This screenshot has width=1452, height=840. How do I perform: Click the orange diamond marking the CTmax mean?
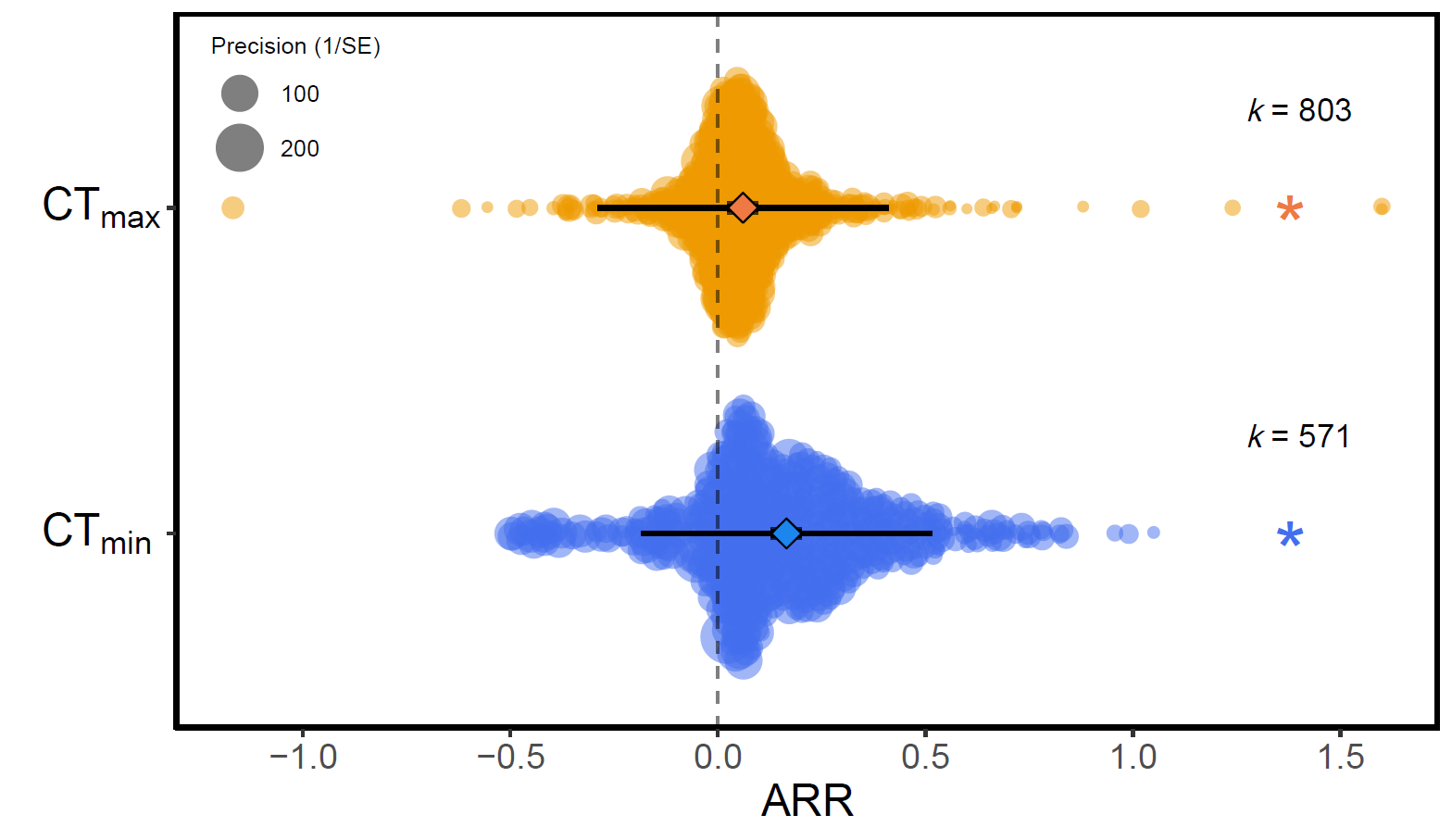click(743, 208)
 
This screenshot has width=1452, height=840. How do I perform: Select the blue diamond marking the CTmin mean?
click(786, 533)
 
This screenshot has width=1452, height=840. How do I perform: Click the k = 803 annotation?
click(1299, 111)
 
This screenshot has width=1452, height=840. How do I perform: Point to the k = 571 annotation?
click(1298, 436)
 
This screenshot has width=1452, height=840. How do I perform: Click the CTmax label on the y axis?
click(100, 207)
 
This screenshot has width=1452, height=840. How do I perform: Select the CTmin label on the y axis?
click(96, 534)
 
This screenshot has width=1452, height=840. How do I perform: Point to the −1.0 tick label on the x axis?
click(303, 758)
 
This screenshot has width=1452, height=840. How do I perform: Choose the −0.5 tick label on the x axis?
click(510, 758)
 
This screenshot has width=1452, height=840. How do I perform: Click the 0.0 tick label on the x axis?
click(718, 758)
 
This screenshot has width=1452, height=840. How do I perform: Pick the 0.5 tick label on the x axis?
click(925, 758)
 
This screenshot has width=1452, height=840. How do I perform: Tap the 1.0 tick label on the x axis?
click(1133, 758)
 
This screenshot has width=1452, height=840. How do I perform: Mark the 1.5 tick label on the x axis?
click(1341, 758)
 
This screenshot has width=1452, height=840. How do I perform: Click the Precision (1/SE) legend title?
click(295, 46)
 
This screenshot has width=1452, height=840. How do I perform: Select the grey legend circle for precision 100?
click(240, 94)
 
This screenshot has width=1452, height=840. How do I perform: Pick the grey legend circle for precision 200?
click(240, 148)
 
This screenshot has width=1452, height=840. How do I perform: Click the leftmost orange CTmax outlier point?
click(232, 207)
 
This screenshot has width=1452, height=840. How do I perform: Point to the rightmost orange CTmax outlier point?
click(1382, 207)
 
